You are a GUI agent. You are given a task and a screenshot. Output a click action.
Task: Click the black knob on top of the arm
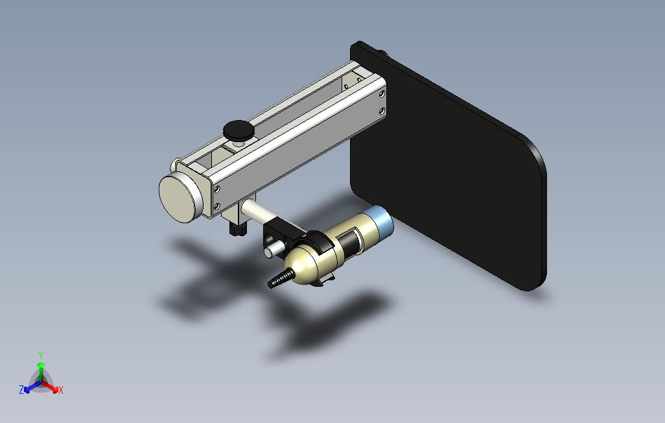[x=239, y=130]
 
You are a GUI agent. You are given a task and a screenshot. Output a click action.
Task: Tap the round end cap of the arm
[x=180, y=199]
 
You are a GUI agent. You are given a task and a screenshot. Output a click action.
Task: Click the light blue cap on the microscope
[x=382, y=222]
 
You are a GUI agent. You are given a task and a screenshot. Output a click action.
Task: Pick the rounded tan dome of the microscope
[x=302, y=265]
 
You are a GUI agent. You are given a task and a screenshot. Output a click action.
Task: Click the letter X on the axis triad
[x=61, y=390]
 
